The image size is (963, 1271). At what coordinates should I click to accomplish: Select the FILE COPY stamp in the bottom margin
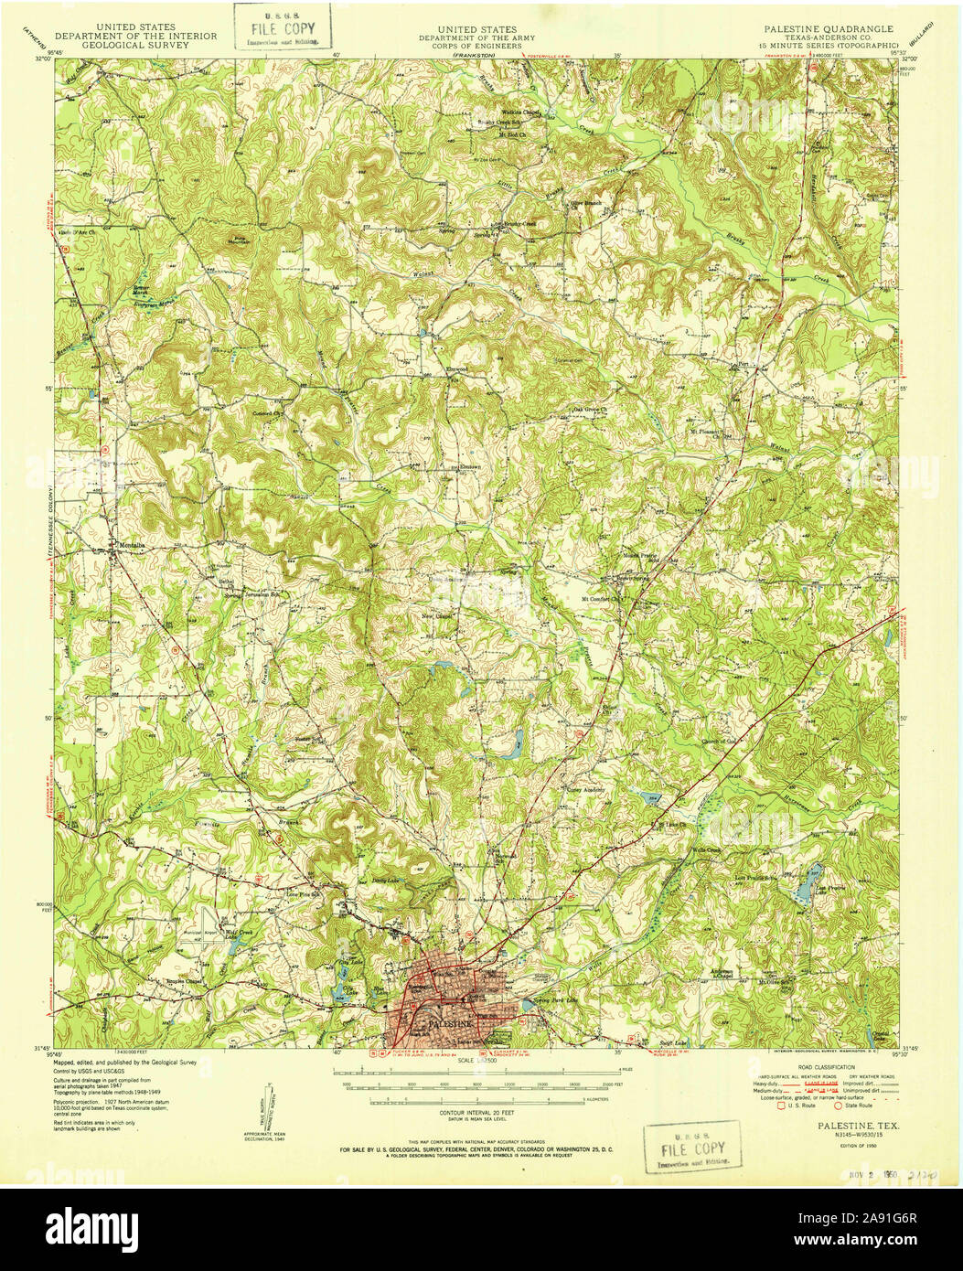point(691,1148)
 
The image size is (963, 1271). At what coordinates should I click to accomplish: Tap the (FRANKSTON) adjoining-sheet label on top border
point(473,56)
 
